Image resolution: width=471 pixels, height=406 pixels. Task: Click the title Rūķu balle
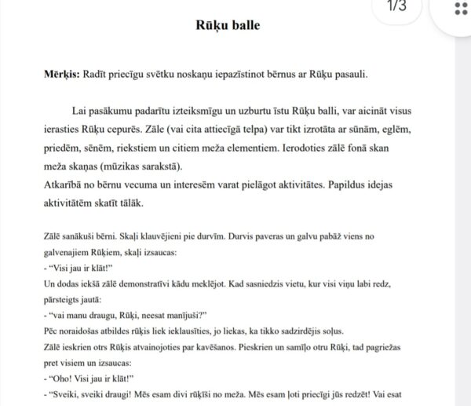click(x=228, y=24)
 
